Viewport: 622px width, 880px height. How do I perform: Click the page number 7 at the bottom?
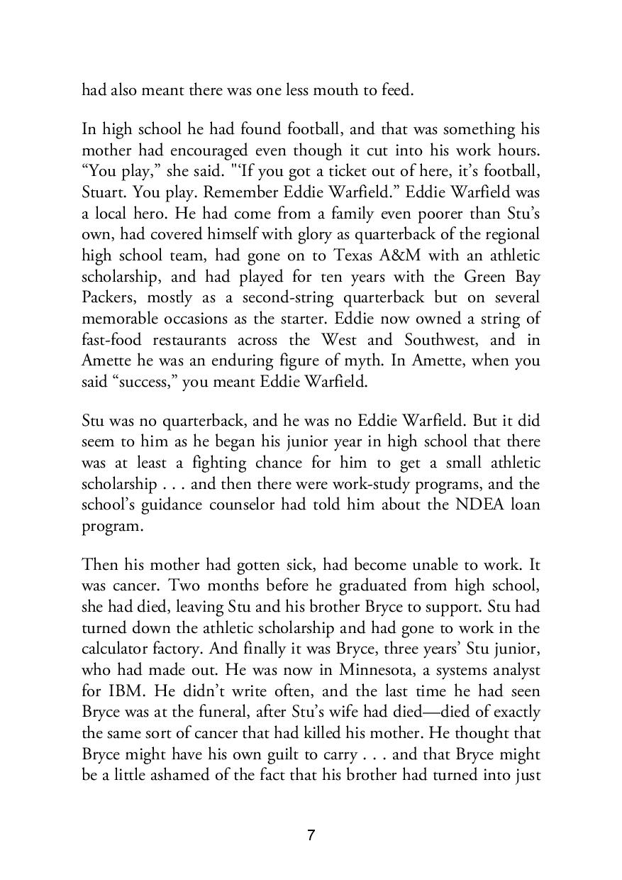[x=311, y=835]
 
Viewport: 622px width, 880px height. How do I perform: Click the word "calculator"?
[x=116, y=649]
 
